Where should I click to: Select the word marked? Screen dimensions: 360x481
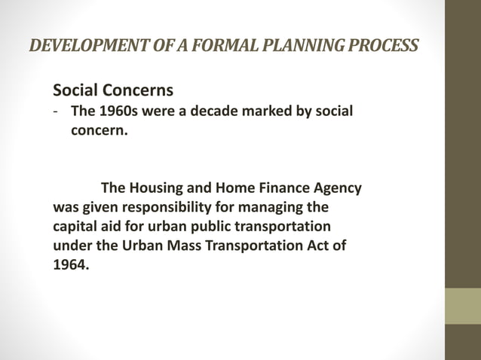click(x=259, y=111)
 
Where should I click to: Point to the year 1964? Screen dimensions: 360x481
click(x=70, y=265)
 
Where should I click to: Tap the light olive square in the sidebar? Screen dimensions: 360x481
click(x=462, y=306)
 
